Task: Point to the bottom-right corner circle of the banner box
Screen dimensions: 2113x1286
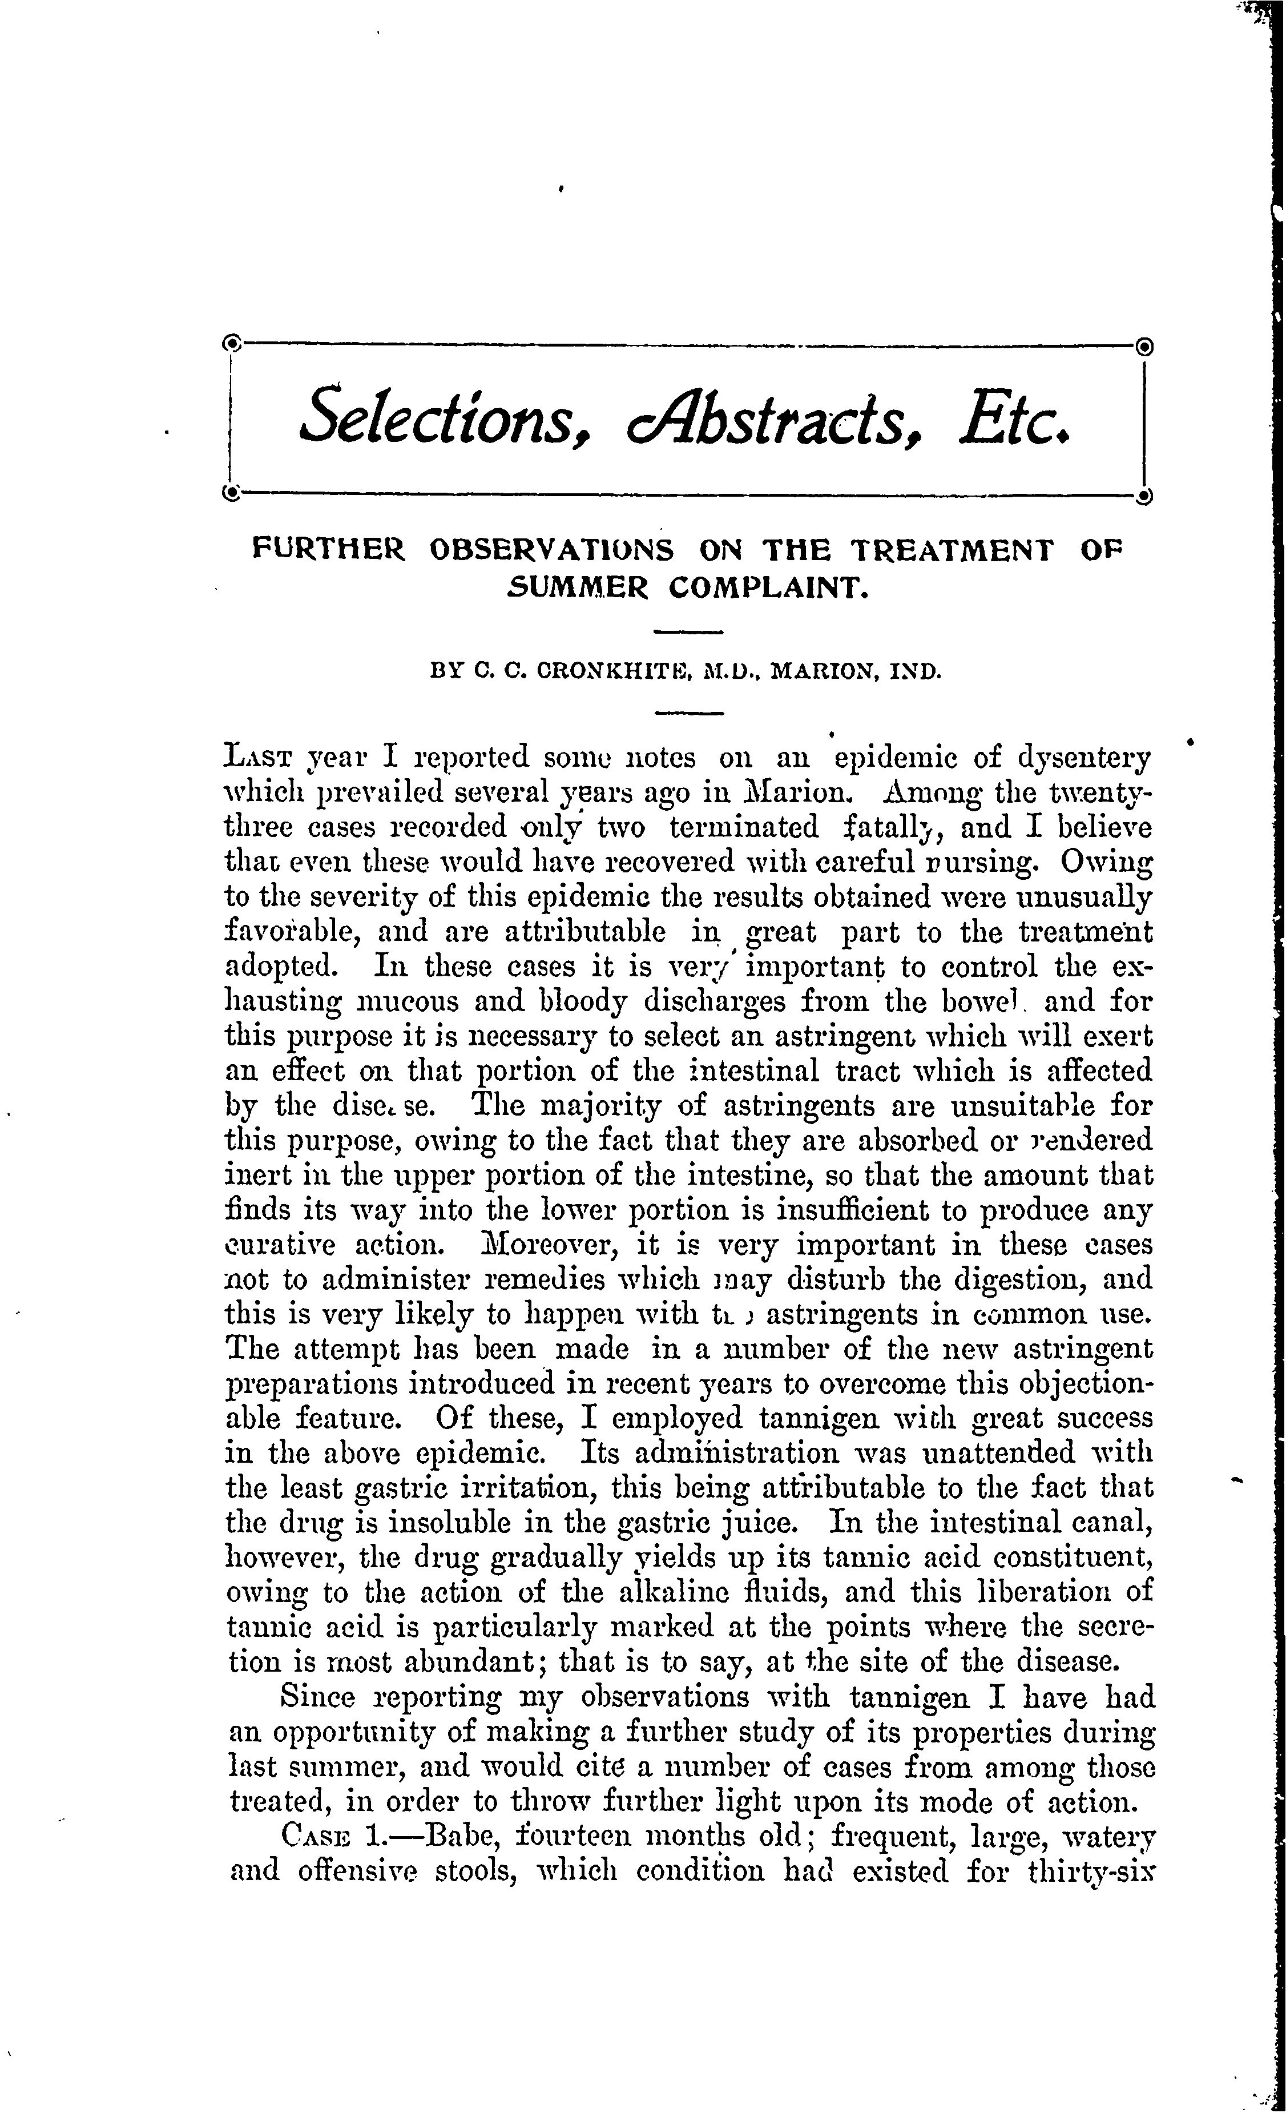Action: pyautogui.click(x=1146, y=496)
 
